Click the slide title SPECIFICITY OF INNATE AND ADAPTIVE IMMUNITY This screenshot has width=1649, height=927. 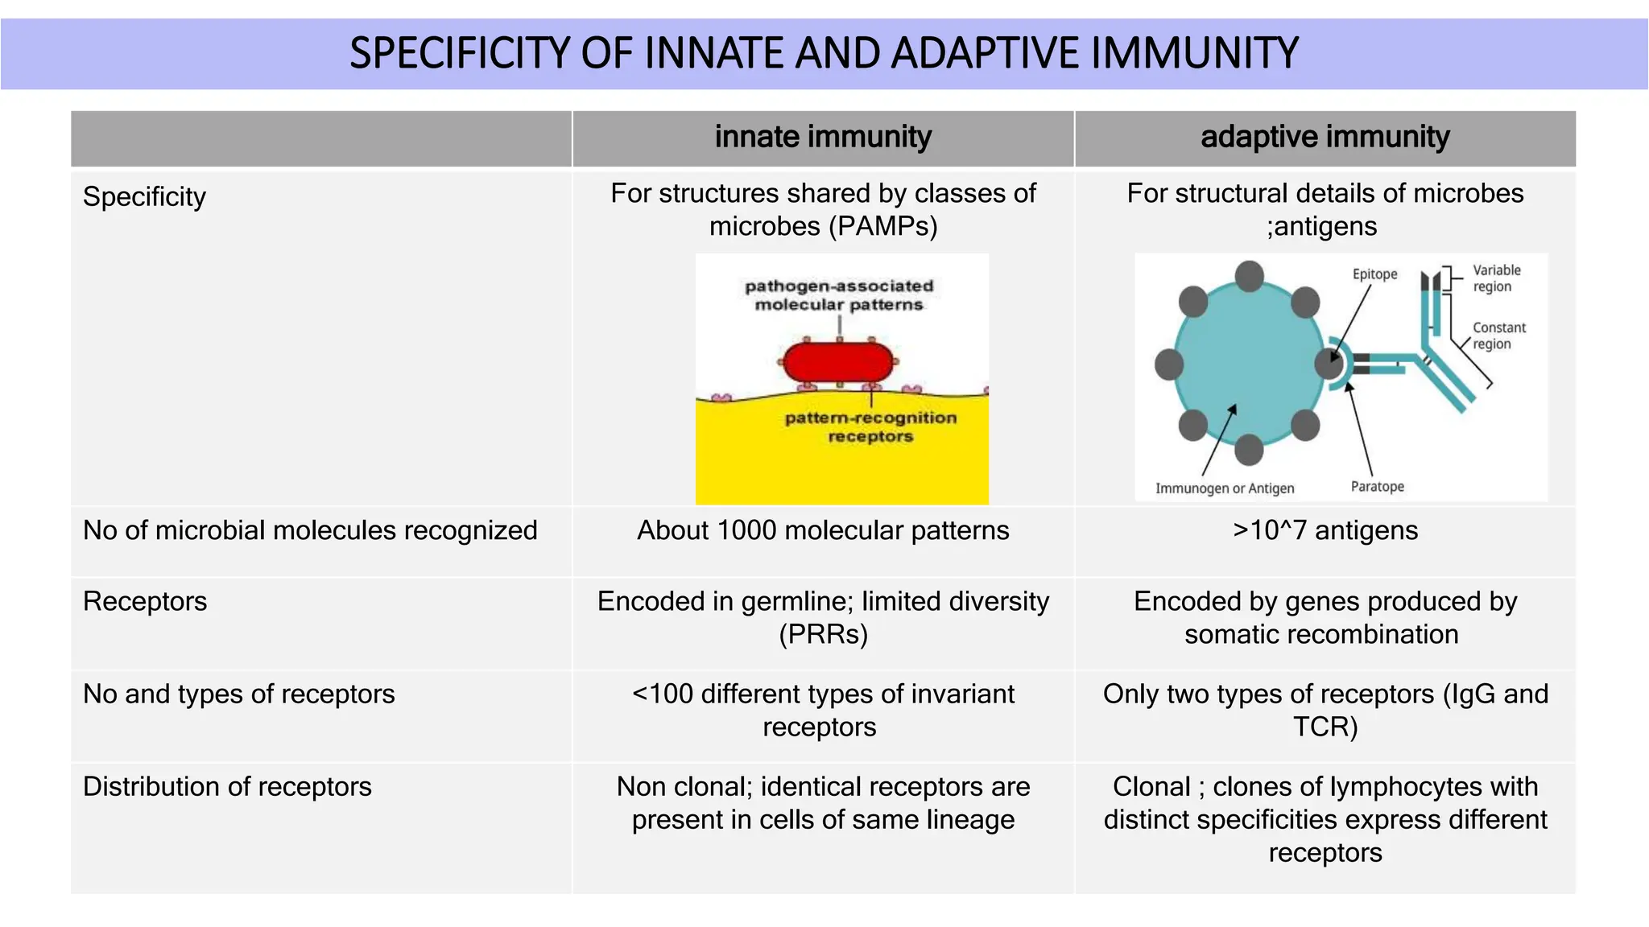824,53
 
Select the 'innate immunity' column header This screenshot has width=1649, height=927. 823,137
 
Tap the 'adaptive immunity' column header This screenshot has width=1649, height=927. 1325,137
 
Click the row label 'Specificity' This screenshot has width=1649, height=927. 144,196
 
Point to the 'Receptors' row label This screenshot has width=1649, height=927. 145,601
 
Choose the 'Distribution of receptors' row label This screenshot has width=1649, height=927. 227,786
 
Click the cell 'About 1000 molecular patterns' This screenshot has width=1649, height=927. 823,530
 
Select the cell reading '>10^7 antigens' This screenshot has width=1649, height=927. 1325,530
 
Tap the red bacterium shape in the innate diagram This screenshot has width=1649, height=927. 838,363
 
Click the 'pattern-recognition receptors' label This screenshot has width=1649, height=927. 870,426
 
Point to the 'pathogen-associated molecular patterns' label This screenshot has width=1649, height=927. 838,295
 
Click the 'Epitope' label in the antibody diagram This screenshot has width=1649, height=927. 1374,274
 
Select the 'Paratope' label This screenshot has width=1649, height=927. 1377,487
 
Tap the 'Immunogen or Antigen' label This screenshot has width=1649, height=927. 1224,488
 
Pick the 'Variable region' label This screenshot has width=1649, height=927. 1496,278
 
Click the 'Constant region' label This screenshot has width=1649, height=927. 1498,336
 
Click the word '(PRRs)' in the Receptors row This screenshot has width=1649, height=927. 823,634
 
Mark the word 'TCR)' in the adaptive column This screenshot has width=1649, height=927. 1325,727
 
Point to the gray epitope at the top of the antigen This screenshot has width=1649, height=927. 1249,276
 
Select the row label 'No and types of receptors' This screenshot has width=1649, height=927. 238,694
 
